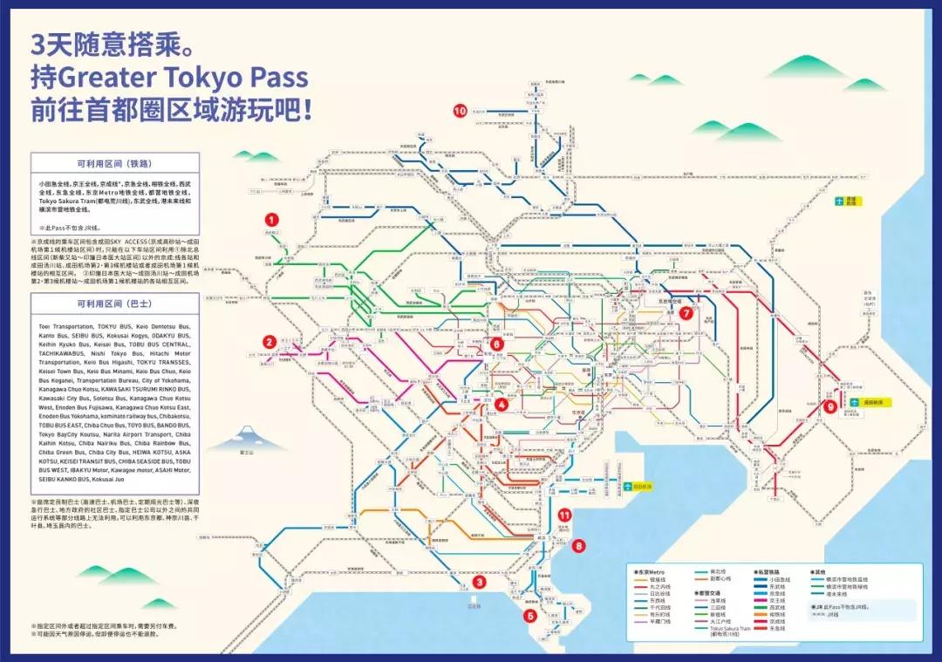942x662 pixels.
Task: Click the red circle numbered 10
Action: click(461, 110)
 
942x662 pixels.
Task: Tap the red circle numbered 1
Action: click(272, 221)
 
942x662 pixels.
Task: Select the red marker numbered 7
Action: click(686, 312)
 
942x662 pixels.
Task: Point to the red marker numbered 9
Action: click(829, 405)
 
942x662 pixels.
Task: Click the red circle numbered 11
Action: click(564, 515)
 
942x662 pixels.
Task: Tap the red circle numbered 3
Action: click(479, 582)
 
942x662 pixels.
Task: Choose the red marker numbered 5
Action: click(529, 615)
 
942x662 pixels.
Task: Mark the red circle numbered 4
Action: click(501, 403)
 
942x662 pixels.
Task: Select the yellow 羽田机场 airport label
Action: click(644, 485)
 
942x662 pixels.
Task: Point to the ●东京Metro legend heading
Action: click(651, 571)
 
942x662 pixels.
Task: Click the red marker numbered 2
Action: click(270, 343)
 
